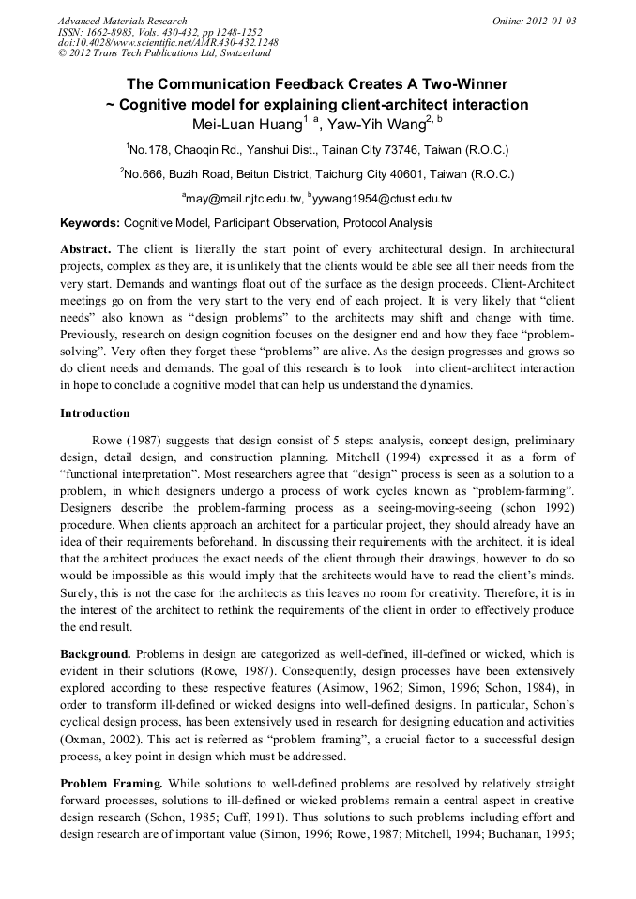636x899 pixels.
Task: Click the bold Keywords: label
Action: point(90,223)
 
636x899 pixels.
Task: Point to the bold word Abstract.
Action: point(85,249)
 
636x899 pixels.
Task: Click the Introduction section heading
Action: point(95,413)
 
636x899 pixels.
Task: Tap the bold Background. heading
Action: point(96,652)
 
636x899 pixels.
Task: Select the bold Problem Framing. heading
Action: point(111,783)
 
